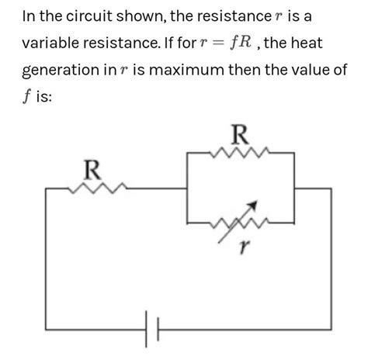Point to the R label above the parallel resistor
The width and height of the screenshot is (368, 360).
[x=241, y=135]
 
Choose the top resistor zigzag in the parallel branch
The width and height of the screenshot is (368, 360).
[x=242, y=153]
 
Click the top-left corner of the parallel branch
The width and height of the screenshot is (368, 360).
[x=188, y=154]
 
